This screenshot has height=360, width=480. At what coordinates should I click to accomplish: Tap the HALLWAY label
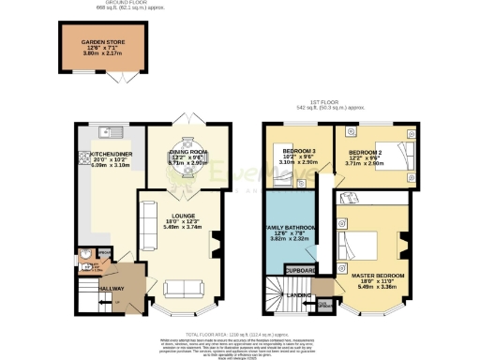[x=112, y=289]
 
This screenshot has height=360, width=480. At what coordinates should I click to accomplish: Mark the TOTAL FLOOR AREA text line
[x=241, y=333]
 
